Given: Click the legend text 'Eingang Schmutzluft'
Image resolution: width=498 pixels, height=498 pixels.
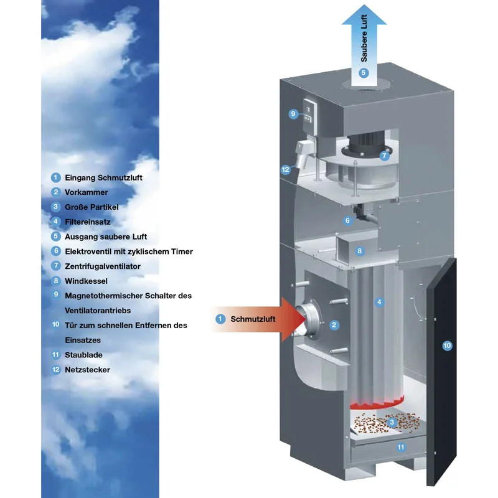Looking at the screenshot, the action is pos(103,177).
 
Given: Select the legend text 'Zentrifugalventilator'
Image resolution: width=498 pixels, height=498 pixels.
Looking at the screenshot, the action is pos(103,266).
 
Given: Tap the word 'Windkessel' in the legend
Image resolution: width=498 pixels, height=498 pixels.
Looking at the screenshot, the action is pos(86,281).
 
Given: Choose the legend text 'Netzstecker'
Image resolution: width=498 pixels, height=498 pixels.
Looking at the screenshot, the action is pos(87,370).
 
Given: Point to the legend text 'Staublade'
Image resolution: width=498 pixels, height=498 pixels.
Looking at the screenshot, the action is pos(83,355).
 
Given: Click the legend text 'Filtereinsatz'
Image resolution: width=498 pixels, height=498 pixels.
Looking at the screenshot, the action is pos(88,222).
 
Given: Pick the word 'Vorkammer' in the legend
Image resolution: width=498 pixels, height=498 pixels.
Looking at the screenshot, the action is pos(87,192).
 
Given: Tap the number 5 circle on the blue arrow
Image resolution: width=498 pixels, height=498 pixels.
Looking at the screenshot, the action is pos(364,73).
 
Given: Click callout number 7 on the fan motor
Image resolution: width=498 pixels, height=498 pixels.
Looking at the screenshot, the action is pos(384,156).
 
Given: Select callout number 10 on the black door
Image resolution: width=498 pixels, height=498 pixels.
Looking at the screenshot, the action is pos(447,345).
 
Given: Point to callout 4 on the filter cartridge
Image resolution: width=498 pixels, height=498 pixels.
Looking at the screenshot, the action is pos(379,302).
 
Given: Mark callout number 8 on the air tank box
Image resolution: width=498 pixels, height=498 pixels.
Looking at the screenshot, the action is pos(360,251).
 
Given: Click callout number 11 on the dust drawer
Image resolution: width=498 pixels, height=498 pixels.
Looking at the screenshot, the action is pos(401,447).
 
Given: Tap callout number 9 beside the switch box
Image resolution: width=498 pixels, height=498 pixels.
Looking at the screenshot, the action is pos(293,114).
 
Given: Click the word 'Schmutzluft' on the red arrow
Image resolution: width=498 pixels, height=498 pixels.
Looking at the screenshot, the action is pos(253,319).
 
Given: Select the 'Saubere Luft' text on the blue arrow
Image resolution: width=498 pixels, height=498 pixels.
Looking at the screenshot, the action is pos(364,38).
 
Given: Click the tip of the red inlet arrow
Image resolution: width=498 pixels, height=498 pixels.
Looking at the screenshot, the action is pos(305,319).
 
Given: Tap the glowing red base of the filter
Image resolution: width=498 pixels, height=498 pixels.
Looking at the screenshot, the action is pos(377,403).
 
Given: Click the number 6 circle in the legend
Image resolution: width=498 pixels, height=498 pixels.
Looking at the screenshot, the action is pos(56,251).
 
